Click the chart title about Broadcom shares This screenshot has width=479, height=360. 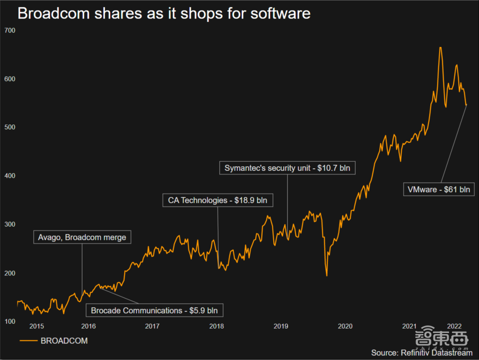click(164, 13)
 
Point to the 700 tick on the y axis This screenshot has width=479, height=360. click(10, 31)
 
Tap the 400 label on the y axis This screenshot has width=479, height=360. click(10, 176)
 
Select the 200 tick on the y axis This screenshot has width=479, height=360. click(10, 273)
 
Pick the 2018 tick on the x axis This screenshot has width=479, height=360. click(216, 327)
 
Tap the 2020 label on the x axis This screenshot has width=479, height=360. click(345, 327)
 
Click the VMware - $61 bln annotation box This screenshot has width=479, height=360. click(439, 189)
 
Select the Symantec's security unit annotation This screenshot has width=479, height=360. click(287, 168)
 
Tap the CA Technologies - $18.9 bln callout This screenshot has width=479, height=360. click(218, 201)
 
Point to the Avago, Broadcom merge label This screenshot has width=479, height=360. click(82, 238)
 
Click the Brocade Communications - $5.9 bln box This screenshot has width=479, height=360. click(154, 310)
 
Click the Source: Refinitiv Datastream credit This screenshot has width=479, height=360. click(421, 353)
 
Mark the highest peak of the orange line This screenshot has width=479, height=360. click(441, 47)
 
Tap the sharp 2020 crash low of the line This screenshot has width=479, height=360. click(326, 275)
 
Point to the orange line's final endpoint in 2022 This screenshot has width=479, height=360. click(466, 105)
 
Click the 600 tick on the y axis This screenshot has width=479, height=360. click(10, 79)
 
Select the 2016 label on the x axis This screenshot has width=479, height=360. click(88, 327)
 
